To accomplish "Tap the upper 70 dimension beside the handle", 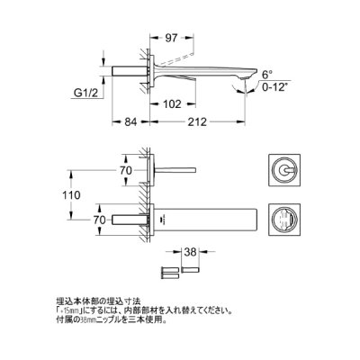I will [125, 168].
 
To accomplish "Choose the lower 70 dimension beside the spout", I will [125, 219].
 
